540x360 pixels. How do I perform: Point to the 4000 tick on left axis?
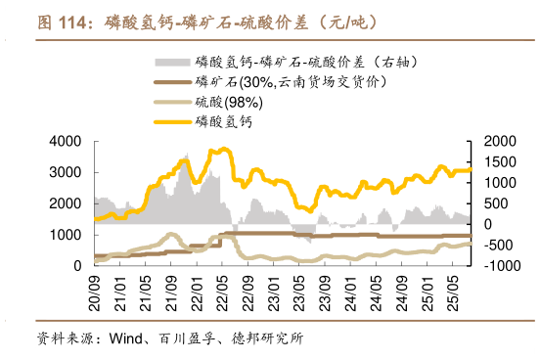click(67, 141)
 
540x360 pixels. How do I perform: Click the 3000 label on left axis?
click(67, 172)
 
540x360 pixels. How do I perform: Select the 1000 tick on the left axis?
click(67, 235)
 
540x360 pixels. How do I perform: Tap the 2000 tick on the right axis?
click(493, 141)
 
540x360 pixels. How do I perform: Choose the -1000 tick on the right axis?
click(492, 265)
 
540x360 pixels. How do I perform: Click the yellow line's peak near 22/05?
click(224, 149)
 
